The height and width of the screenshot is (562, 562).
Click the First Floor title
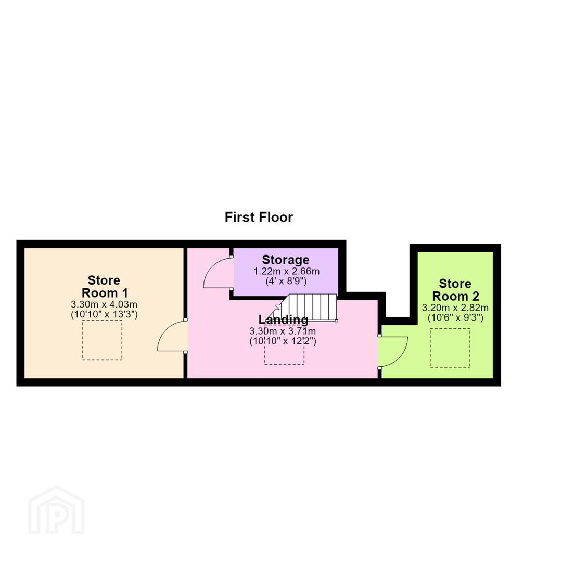tap(259, 217)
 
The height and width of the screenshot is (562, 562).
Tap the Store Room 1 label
tap(104, 286)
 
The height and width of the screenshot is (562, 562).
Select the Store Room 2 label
tap(455, 290)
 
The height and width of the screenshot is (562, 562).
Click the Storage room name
tap(286, 260)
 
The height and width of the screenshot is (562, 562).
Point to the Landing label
tap(283, 320)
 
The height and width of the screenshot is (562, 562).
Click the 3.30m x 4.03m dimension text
tap(104, 304)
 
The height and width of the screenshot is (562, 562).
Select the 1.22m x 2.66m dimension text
tap(286, 271)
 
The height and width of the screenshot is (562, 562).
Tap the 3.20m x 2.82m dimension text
tap(455, 308)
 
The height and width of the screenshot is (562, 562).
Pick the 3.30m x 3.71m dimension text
tap(283, 331)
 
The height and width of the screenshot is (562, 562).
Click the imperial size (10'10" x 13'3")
tap(104, 315)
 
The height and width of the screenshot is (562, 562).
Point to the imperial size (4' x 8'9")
tap(286, 282)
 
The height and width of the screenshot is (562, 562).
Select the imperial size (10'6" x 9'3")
tap(455, 318)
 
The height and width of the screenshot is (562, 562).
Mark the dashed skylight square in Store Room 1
tap(102, 340)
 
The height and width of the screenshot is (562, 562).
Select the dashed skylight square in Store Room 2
tap(450, 348)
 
